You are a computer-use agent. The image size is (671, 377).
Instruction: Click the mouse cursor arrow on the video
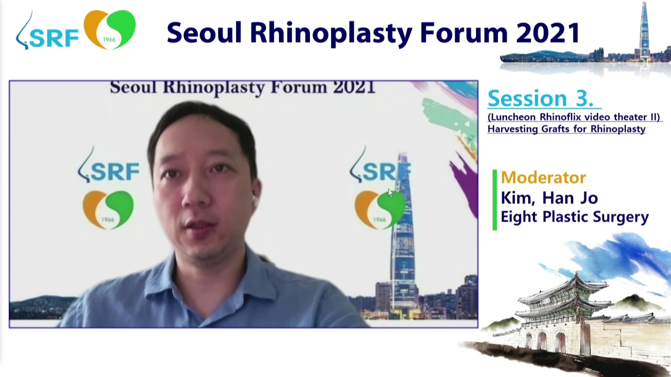pyautogui.click(x=390, y=193)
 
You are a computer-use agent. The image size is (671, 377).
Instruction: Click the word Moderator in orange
pyautogui.click(x=543, y=177)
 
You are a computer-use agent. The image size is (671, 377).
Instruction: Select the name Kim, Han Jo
pyautogui.click(x=549, y=198)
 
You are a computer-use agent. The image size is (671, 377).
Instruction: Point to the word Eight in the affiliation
pyautogui.click(x=519, y=217)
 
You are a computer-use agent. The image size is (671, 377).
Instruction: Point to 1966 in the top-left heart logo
pyautogui.click(x=109, y=39)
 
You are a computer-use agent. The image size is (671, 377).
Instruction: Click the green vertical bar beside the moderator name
pyautogui.click(x=495, y=200)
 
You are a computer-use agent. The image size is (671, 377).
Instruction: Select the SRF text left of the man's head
pyautogui.click(x=115, y=172)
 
